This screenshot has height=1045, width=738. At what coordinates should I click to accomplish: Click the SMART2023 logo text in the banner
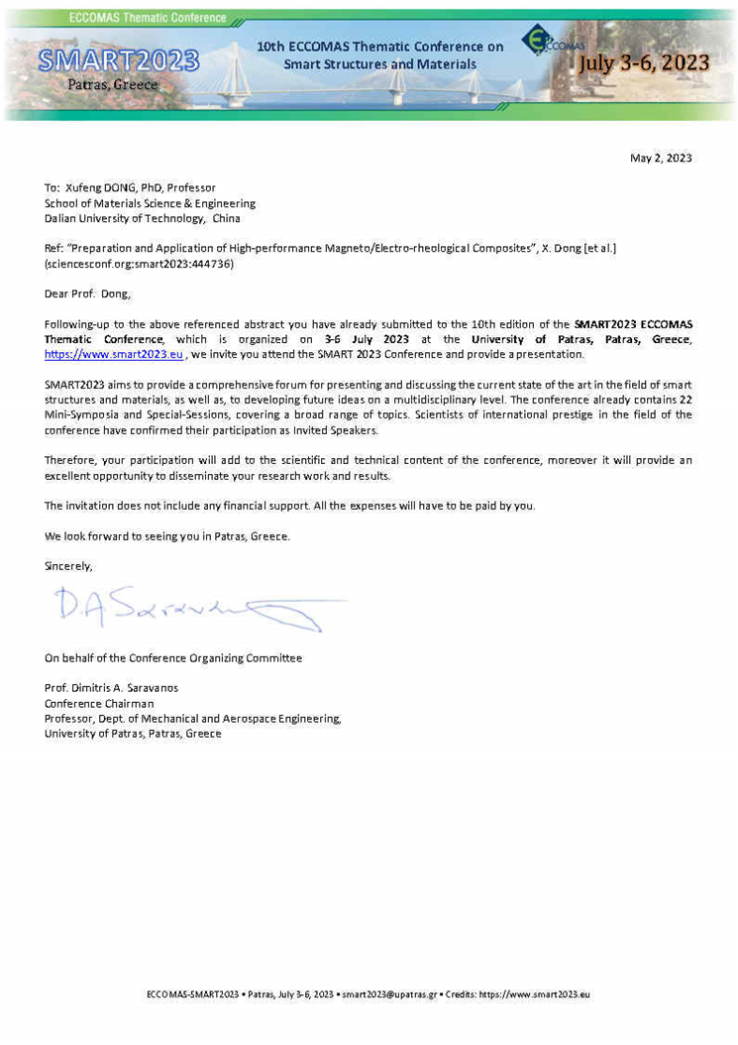(x=119, y=61)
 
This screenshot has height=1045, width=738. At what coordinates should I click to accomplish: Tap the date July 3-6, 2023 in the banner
(x=644, y=63)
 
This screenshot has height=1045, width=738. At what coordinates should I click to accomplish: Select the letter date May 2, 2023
(x=661, y=158)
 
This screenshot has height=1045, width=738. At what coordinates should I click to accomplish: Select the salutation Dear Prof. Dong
(x=87, y=293)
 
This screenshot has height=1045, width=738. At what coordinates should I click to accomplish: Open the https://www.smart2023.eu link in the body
(x=114, y=355)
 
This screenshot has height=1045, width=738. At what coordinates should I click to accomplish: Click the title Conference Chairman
(x=99, y=704)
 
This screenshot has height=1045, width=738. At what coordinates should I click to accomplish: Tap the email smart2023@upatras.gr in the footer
(x=389, y=994)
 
